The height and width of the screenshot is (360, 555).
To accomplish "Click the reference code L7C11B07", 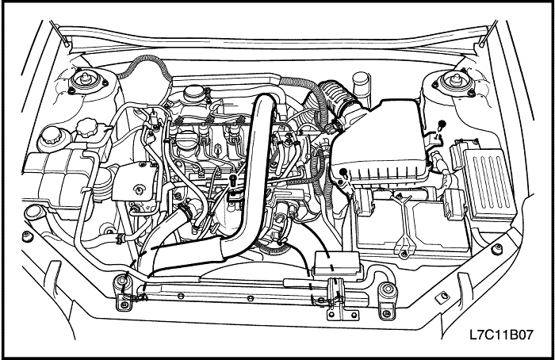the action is click(x=501, y=335).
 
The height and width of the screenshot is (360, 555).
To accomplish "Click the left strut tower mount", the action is click(x=86, y=82).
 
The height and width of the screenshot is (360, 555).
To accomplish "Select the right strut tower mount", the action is click(x=454, y=82).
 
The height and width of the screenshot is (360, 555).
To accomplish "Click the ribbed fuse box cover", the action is click(x=490, y=185).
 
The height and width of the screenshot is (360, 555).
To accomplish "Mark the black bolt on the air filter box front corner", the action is click(x=343, y=172).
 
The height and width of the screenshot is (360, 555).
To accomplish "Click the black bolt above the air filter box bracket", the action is click(x=442, y=125).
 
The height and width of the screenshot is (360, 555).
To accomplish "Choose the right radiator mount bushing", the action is click(x=388, y=290).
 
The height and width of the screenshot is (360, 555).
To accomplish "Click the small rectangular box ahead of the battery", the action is click(x=337, y=264).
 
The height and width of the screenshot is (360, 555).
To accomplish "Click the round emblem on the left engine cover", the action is click(x=139, y=190).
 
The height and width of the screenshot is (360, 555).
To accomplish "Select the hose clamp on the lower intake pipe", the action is click(x=186, y=212).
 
